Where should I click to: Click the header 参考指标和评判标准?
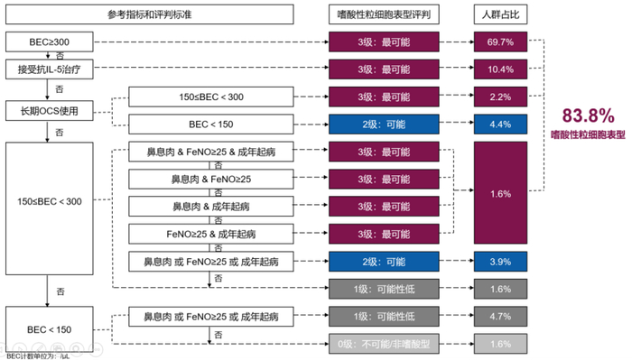(x=150, y=14)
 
